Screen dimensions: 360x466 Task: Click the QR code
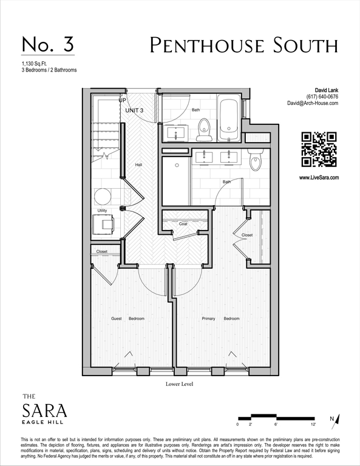coord(319,149)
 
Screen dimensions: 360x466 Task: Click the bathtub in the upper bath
coord(229,118)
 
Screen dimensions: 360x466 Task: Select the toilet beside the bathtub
coord(204,129)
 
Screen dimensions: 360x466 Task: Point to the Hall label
coord(138,164)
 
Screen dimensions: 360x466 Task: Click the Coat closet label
coord(183,224)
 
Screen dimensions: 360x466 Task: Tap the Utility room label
coord(102,211)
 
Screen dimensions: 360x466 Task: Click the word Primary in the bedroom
coord(208,319)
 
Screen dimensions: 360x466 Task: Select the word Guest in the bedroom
coord(117,319)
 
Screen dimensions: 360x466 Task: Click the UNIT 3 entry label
coord(134,110)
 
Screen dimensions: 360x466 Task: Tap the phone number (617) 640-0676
coord(322,96)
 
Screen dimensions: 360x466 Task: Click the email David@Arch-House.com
coord(313,103)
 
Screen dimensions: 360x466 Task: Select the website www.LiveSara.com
coord(319,178)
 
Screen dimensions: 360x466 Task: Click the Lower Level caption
coord(179,384)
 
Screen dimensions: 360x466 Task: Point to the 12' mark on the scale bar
coord(313,424)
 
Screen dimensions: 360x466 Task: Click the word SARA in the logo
coord(44,410)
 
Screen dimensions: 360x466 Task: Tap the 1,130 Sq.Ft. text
coord(34,64)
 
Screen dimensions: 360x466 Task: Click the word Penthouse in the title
coord(206,45)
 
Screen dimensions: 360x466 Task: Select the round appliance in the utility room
coord(103,197)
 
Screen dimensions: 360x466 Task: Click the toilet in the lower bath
coord(256,160)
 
